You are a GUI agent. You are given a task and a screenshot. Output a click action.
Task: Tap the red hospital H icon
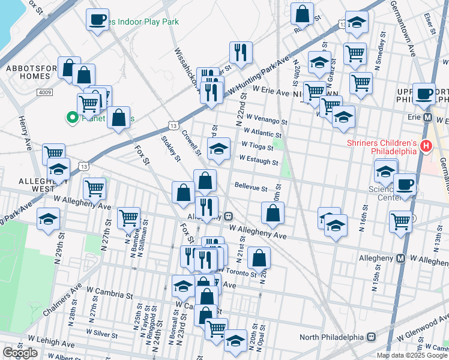426,145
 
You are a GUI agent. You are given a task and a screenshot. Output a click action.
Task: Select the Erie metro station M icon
428,117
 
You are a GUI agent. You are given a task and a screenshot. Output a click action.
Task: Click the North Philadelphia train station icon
372,337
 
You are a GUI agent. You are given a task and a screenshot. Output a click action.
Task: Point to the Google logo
20,353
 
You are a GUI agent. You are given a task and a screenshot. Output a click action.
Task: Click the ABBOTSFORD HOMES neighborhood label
27,72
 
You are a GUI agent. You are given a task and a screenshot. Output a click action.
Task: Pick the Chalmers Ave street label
62,301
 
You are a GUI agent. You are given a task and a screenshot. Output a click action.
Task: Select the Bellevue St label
251,188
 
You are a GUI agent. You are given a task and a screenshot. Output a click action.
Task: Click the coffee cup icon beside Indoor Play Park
97,19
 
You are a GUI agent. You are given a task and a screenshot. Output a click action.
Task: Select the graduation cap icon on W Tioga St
218,148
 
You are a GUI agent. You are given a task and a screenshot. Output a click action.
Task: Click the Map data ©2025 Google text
412,355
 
